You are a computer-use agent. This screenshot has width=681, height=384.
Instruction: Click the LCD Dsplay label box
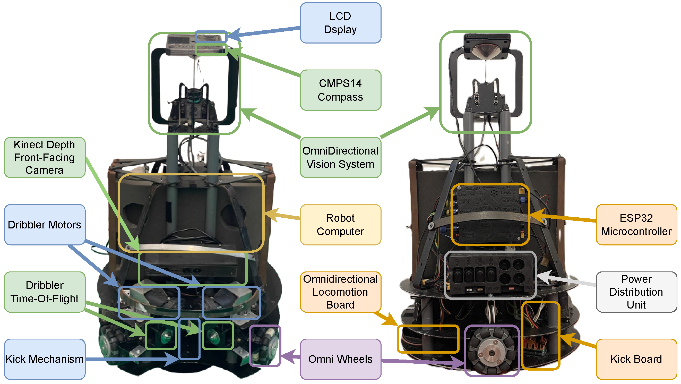click(340, 23)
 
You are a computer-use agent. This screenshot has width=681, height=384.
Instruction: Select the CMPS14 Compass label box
click(340, 90)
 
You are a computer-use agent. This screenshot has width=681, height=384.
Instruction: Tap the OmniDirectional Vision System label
click(340, 157)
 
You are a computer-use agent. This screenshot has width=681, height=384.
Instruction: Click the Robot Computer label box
click(340, 225)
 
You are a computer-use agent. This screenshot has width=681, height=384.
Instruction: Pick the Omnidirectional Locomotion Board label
click(340, 292)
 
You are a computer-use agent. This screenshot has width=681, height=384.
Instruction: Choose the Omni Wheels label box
click(340, 359)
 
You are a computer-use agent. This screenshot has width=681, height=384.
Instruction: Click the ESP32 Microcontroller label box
click(636, 225)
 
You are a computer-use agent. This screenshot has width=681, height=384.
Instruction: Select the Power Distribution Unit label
click(636, 292)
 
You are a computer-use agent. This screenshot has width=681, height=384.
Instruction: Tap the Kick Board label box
click(636, 359)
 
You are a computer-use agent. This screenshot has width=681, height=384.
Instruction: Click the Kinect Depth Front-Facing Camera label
click(44, 157)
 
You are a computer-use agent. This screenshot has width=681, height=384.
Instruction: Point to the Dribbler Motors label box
click(44, 225)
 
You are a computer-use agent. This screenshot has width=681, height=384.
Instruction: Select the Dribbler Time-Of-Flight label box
click(44, 292)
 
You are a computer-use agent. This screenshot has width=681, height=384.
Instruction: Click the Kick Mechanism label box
click(44, 359)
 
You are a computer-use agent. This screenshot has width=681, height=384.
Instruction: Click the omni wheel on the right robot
click(491, 352)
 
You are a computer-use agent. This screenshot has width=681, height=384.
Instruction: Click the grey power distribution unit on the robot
click(490, 275)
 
